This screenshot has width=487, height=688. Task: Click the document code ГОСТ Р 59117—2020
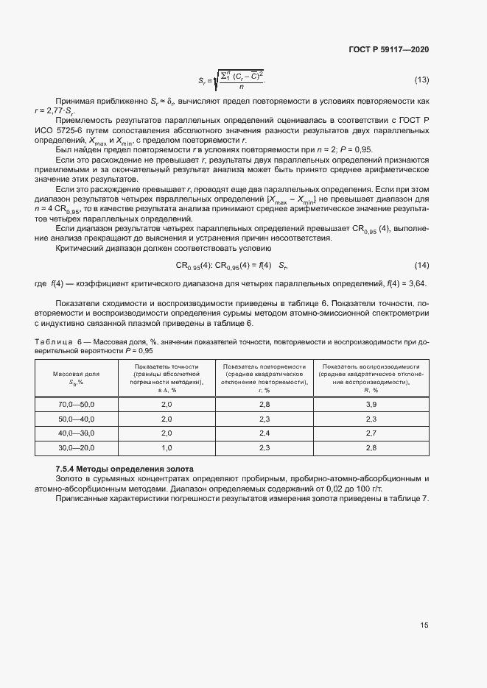[x=388, y=49]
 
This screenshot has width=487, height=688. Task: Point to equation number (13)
[x=421, y=79]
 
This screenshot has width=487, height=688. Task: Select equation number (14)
[x=421, y=264]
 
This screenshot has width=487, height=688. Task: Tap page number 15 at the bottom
[x=424, y=625]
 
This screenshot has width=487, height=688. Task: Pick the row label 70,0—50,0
[x=77, y=405]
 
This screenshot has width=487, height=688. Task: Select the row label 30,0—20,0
[x=77, y=447]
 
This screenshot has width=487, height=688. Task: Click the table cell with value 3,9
[x=371, y=405]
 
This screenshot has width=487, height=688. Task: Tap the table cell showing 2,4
[x=265, y=433]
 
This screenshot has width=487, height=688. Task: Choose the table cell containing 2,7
[x=371, y=433]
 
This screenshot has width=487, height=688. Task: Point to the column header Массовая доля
[x=77, y=378]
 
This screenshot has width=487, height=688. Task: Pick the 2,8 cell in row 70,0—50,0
[x=265, y=405]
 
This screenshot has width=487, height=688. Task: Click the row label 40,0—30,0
[x=77, y=433]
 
